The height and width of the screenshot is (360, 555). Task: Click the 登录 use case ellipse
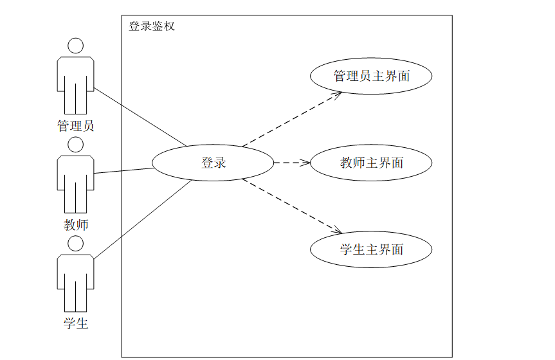click(x=213, y=163)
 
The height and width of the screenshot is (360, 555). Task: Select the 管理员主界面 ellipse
click(x=371, y=76)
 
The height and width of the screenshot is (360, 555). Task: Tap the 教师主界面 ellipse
click(x=371, y=163)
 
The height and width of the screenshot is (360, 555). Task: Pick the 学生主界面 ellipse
click(x=371, y=249)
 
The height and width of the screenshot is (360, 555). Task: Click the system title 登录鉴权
click(x=152, y=26)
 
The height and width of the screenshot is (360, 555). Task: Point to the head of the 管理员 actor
click(x=76, y=46)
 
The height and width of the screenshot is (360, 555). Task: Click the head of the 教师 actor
click(x=76, y=144)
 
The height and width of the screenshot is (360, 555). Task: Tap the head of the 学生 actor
click(x=76, y=243)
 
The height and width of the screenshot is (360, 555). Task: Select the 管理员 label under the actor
click(x=76, y=126)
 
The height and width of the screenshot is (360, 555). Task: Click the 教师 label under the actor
click(x=76, y=225)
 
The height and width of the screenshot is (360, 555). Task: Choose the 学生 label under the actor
click(x=76, y=323)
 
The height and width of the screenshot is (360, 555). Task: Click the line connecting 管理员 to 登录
click(x=140, y=118)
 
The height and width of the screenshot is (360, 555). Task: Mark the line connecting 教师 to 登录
click(x=123, y=170)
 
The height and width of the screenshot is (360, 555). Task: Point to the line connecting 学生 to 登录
click(x=143, y=219)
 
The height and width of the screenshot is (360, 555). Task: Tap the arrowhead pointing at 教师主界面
click(x=305, y=163)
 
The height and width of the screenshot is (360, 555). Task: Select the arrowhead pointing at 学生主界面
click(x=336, y=231)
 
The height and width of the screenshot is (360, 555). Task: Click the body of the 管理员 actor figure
click(x=76, y=80)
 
